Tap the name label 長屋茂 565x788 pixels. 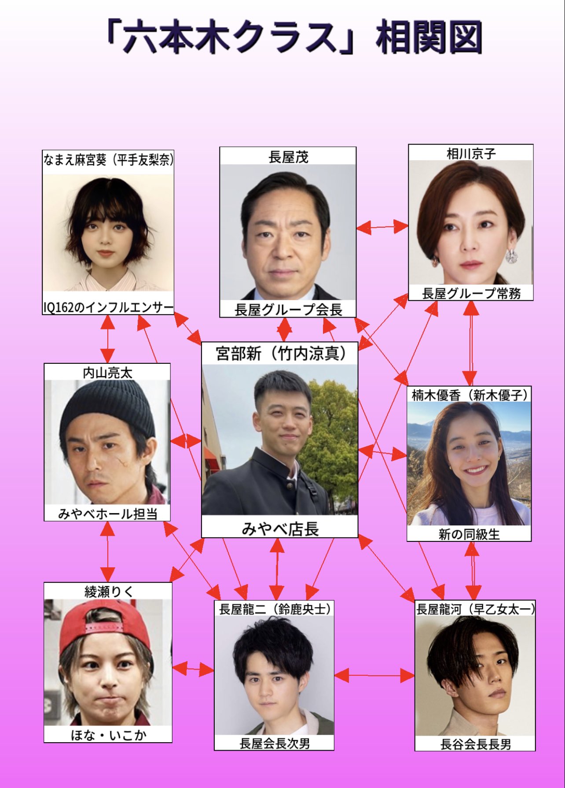tap(288, 157)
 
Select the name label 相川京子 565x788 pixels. tap(471, 154)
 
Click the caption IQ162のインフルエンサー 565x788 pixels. tap(108, 307)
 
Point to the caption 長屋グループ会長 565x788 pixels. tap(288, 310)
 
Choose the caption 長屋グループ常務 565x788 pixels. tap(471, 293)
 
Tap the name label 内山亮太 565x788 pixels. tap(107, 373)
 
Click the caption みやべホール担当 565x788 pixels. tap(108, 514)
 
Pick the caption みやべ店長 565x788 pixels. tap(280, 529)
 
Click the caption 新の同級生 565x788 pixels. tap(469, 534)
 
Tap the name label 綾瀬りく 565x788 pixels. tap(108, 592)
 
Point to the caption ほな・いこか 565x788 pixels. tap(108, 735)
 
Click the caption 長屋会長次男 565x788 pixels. tap(275, 744)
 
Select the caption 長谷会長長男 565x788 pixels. tap(476, 744)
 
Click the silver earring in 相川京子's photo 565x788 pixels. tap(511, 256)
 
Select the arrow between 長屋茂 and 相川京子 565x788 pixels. tap(382, 227)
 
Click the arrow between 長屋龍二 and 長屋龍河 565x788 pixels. tap(374, 675)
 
